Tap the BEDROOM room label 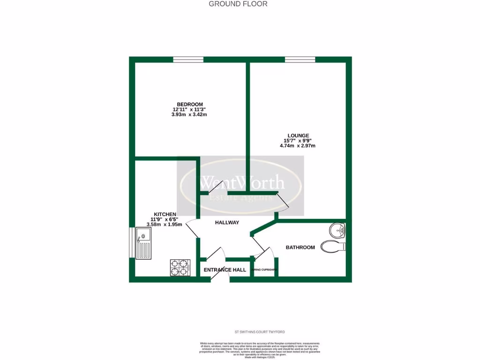pos(189,104)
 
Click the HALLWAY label pos(227,223)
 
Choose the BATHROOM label pos(300,247)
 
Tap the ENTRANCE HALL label pos(225,270)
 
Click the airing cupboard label pos(264,270)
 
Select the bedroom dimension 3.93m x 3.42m pos(189,114)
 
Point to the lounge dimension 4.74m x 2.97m pos(298,145)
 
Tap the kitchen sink pos(143,243)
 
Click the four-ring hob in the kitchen pos(180,267)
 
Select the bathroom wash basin pos(337,230)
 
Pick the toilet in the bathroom pos(333,246)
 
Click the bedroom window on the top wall pos(188,60)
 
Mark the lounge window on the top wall pos(300,60)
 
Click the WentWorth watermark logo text pos(242,182)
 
